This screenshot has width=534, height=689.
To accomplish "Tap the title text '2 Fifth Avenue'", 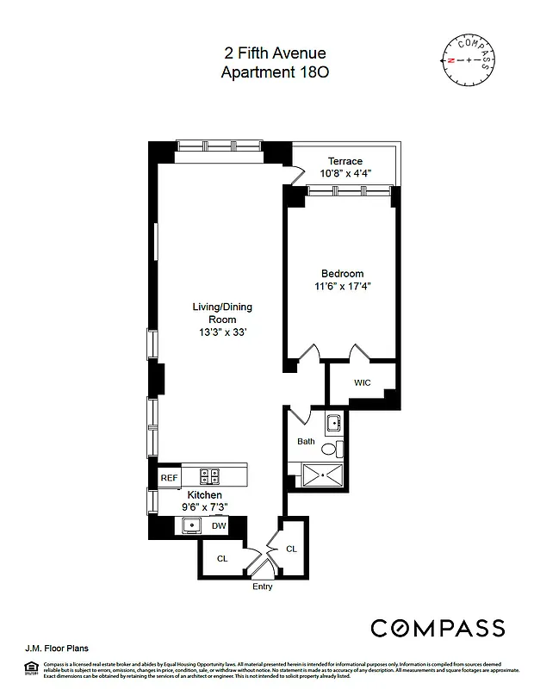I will click(275, 54).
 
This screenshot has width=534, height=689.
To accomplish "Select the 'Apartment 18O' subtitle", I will click(275, 72).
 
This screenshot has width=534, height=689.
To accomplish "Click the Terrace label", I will click(345, 161).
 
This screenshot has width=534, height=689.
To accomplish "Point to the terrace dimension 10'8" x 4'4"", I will click(345, 174).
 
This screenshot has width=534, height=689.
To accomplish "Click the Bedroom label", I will click(343, 273).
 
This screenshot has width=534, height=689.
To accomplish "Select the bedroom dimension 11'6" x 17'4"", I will click(343, 286).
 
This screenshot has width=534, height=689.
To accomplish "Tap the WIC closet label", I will click(363, 382).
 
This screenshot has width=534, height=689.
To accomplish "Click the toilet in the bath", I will click(338, 448).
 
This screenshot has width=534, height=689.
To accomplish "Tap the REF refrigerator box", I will click(169, 476).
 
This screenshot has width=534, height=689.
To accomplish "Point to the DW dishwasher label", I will click(220, 525).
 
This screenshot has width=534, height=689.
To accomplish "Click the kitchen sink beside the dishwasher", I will click(190, 525).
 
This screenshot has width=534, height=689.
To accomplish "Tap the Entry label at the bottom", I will click(263, 587).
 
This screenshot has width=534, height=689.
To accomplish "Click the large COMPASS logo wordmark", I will click(437, 627).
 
